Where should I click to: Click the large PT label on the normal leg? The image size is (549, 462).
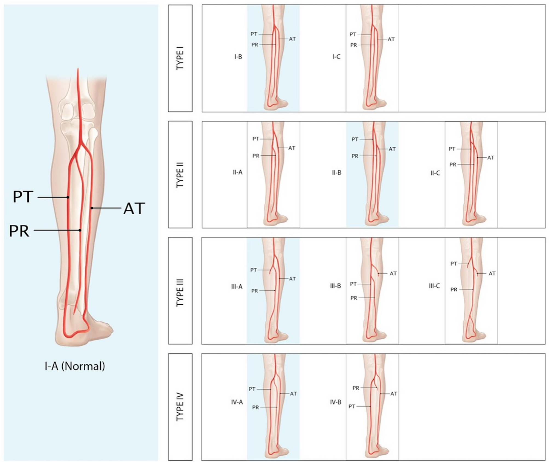(23, 197)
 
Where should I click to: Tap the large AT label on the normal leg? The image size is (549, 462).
(134, 208)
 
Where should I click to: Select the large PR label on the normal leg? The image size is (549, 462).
(19, 231)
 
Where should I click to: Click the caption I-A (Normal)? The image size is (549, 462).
(75, 366)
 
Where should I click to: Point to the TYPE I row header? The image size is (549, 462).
(180, 58)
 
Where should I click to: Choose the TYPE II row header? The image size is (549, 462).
(180, 175)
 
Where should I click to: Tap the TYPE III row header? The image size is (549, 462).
(180, 291)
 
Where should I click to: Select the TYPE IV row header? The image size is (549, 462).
(180, 407)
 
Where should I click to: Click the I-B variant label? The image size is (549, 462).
(238, 57)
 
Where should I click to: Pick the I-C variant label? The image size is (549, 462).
(336, 57)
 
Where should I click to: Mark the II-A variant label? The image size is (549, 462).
(237, 172)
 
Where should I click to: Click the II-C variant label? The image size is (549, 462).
(435, 173)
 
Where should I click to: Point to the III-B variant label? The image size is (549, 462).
(335, 286)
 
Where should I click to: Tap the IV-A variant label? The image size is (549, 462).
(237, 402)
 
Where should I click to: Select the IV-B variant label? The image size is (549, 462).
(336, 402)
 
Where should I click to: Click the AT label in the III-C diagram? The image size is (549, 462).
(492, 273)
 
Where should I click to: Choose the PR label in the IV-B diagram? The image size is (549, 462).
(356, 388)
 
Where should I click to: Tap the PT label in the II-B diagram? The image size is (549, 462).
(355, 139)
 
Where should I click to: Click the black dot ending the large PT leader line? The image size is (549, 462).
(68, 197)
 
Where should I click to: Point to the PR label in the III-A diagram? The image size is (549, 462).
(254, 291)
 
